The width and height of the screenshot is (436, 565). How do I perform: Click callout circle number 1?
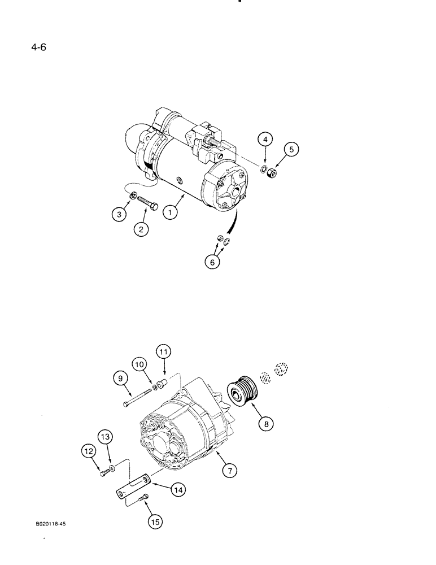[170, 214]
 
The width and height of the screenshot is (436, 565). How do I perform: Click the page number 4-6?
[39, 47]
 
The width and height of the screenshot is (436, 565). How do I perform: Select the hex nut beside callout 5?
[272, 174]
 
